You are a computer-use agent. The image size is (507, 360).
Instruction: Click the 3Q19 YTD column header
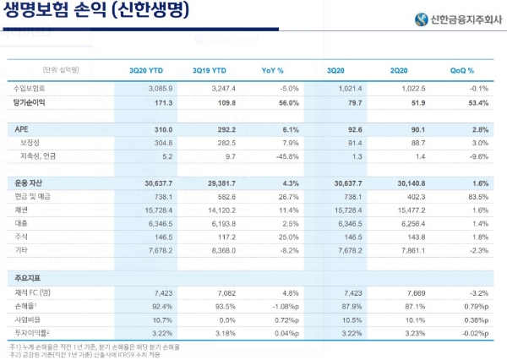210,70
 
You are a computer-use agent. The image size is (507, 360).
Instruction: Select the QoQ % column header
461,70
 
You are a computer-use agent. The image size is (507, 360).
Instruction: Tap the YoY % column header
273,70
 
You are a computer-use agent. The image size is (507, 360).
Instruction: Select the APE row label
22,128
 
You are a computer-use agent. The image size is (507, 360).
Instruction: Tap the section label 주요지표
29,277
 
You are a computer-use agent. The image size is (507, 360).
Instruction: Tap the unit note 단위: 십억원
61,70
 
